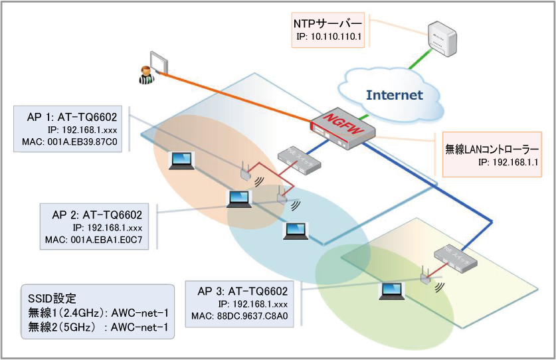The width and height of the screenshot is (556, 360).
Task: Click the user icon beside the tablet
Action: click(144, 75)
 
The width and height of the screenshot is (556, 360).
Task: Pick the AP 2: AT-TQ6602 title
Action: click(97, 215)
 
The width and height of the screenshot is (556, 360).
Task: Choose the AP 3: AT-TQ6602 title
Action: click(242, 291)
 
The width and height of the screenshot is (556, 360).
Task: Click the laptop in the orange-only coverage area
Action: click(180, 160)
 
